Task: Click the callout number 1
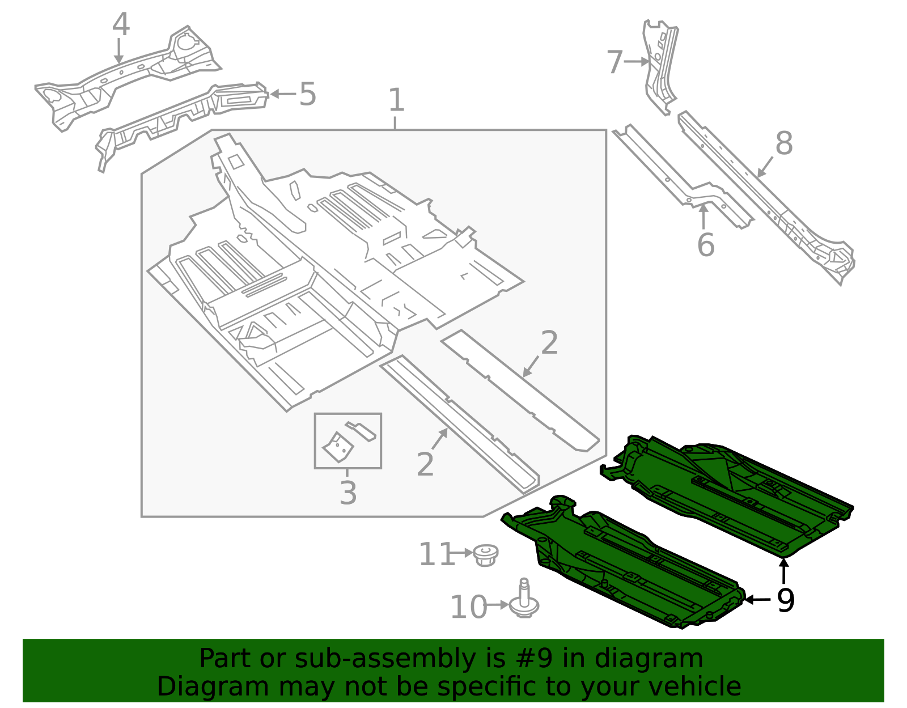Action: click(396, 100)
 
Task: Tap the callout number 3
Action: click(348, 493)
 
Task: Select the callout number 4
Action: click(121, 24)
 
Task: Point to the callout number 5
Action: click(308, 94)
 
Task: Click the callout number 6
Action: click(706, 245)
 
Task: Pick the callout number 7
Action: click(615, 62)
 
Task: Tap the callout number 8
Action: click(784, 143)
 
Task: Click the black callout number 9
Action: click(786, 601)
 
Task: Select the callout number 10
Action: click(468, 607)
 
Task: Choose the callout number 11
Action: click(436, 554)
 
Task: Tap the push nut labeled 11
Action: click(485, 555)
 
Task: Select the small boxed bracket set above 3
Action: click(347, 441)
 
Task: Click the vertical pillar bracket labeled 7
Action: click(659, 67)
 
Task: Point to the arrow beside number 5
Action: click(283, 94)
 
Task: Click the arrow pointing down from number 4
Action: click(120, 51)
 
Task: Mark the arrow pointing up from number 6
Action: click(703, 217)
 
